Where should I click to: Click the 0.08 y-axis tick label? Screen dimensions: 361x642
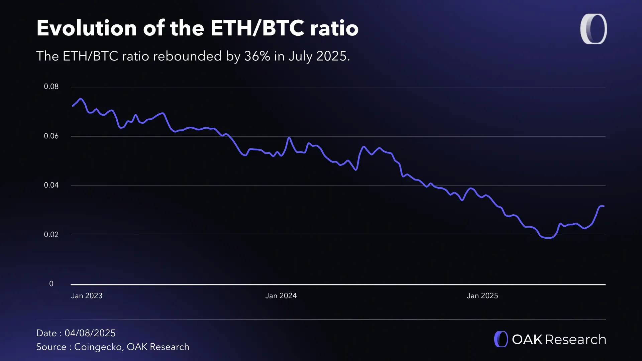coord(51,87)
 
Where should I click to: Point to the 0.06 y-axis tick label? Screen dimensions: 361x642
coord(51,136)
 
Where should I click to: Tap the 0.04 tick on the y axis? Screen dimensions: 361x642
coord(51,185)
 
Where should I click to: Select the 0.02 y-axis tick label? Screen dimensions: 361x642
coord(51,235)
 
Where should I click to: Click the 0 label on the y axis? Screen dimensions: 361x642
coord(51,284)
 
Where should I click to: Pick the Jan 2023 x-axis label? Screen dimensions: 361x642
coord(87,296)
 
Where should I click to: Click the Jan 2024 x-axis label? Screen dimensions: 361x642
coord(281,296)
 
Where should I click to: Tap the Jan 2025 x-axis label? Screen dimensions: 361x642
coord(482,296)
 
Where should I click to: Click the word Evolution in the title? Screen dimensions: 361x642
coord(87,28)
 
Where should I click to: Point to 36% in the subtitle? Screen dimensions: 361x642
coord(257,56)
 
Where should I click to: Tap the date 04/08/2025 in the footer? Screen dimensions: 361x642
coord(90,333)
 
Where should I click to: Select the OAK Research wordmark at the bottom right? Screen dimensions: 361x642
coord(559,340)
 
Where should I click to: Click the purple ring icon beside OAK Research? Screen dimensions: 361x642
coord(501,339)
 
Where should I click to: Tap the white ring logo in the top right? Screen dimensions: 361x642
coord(594,29)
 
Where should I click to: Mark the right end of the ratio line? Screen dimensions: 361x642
coord(604,206)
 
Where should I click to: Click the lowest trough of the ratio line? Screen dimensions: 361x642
coord(548,238)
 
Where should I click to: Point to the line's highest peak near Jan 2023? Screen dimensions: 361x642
coord(80,99)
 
